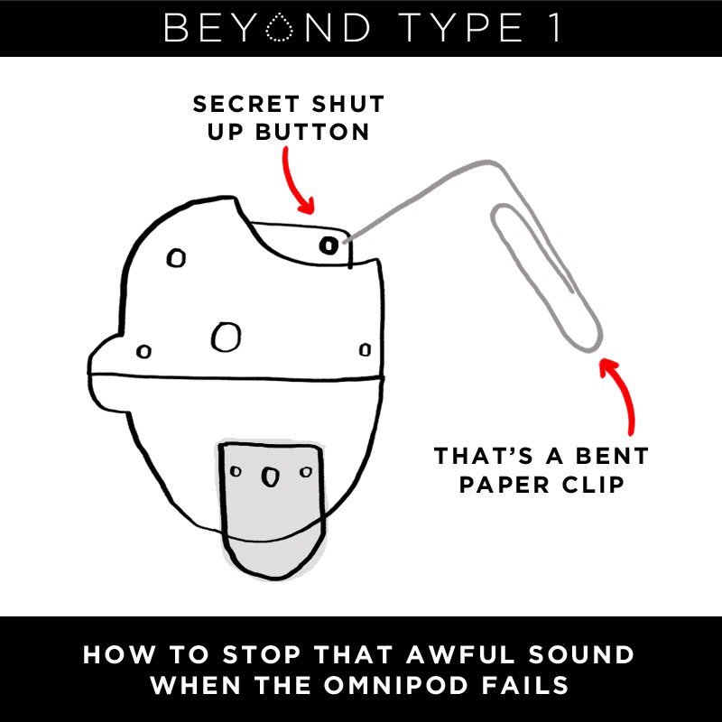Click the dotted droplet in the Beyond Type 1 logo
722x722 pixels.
click(x=279, y=28)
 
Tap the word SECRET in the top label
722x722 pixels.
click(x=245, y=104)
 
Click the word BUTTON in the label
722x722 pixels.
click(x=312, y=132)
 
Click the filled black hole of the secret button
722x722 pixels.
click(x=329, y=245)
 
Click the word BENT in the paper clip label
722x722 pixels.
click(x=612, y=457)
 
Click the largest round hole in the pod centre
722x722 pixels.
click(x=226, y=337)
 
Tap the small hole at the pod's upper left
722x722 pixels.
click(x=176, y=258)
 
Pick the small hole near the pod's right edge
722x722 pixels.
click(x=365, y=350)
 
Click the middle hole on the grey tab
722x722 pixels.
click(x=270, y=477)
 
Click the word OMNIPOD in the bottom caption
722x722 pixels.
click(x=395, y=685)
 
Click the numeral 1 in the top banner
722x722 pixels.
click(x=556, y=28)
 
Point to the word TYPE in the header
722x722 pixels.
click(x=460, y=28)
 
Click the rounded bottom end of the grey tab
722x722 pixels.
click(x=274, y=577)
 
